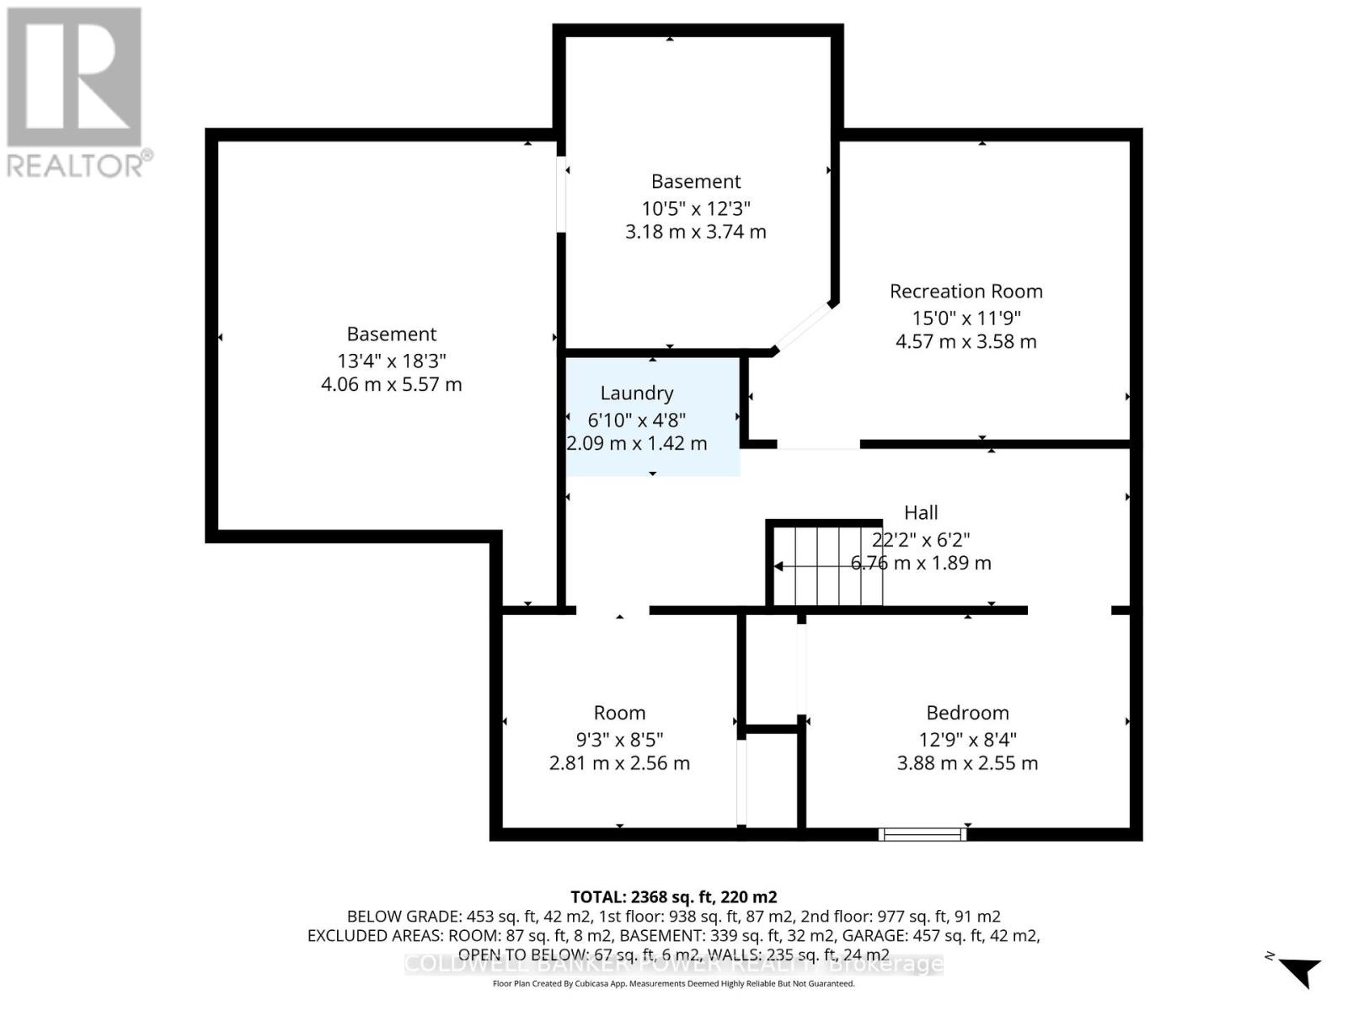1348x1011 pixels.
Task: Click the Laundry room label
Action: tap(636, 393)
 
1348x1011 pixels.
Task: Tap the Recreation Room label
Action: tap(966, 292)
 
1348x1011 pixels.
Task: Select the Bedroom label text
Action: tap(967, 713)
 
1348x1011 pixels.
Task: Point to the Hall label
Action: tap(921, 512)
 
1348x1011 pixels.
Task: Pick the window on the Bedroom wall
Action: tap(922, 834)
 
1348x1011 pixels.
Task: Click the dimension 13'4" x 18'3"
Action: tap(392, 361)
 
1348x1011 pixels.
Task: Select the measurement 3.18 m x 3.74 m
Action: tap(696, 232)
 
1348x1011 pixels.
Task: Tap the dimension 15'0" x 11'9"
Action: tap(966, 318)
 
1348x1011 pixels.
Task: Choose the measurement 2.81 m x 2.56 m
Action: tap(619, 763)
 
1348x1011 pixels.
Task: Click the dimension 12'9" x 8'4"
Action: tap(967, 740)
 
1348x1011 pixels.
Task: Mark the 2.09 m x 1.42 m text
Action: tap(637, 443)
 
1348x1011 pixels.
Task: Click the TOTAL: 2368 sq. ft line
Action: tap(673, 897)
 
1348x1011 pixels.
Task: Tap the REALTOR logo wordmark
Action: tap(80, 164)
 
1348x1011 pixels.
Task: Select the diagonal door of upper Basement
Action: tap(803, 326)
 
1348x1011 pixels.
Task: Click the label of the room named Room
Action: tap(619, 713)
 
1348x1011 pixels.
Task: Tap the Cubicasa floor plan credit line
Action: tap(673, 984)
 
